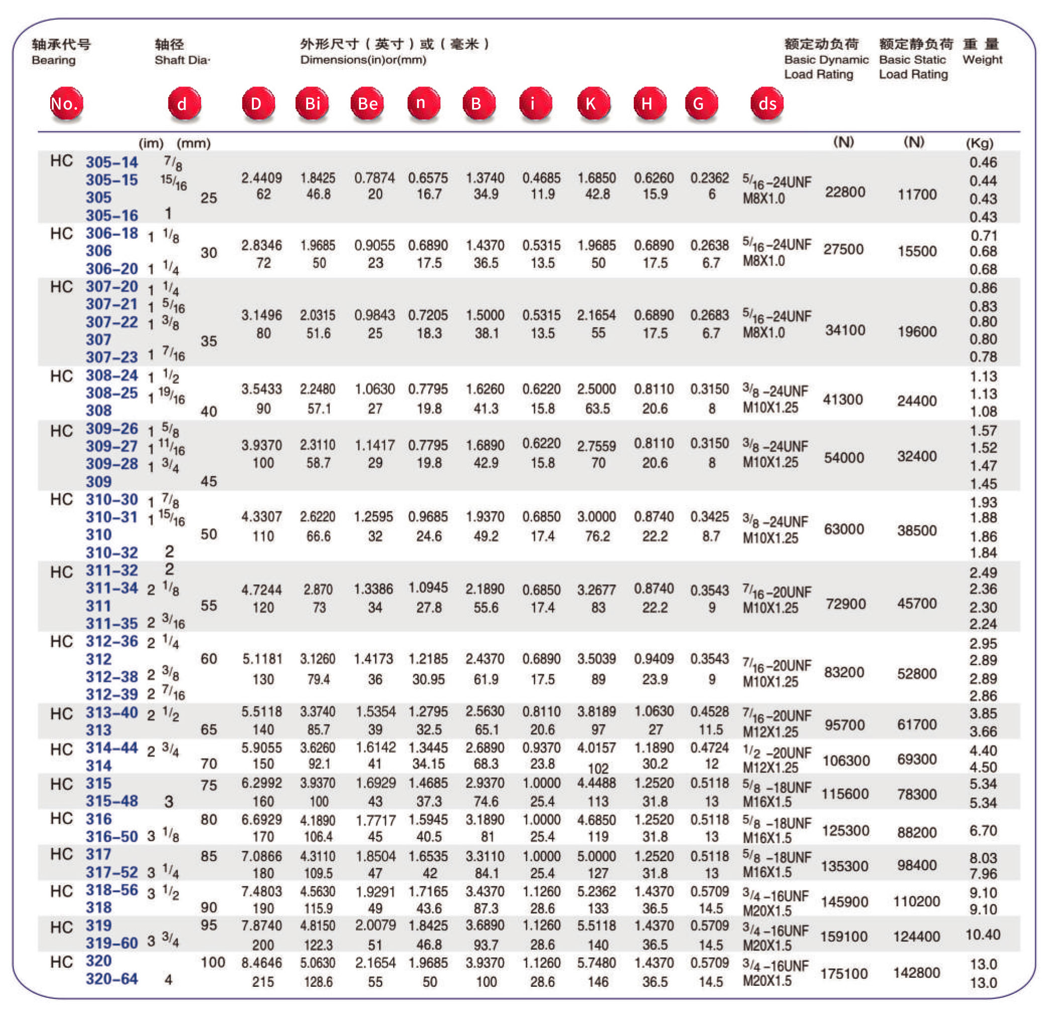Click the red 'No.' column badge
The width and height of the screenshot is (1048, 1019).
[x=65, y=104]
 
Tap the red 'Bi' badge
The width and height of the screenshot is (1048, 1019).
[x=312, y=104]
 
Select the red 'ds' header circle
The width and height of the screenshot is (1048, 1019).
[x=767, y=104]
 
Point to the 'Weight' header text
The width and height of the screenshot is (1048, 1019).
[x=982, y=59]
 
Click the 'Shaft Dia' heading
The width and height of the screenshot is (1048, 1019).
[x=182, y=59]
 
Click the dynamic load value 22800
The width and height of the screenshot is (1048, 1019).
[x=844, y=191]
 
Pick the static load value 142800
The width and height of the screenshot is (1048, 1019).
[x=916, y=972]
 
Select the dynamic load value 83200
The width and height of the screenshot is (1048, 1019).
[x=844, y=672]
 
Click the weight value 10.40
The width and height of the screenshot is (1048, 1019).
[x=982, y=935]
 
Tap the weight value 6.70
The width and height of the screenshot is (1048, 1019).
[x=983, y=830]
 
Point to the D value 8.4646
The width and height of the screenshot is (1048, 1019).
[x=261, y=963]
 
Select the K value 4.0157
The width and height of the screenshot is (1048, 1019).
[x=596, y=747]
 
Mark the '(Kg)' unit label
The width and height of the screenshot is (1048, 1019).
[x=979, y=143]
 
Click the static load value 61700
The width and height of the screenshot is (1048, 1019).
[x=916, y=724]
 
